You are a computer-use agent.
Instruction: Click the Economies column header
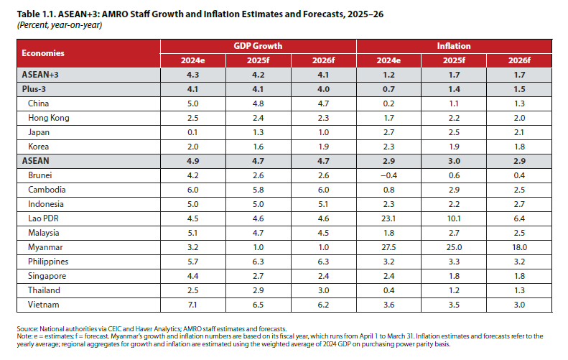coord(43,53)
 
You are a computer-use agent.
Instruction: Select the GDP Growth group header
coord(258,46)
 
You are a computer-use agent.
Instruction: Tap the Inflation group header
coord(454,46)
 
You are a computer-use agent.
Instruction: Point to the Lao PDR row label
coord(45,218)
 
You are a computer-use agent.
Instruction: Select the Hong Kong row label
coord(49,118)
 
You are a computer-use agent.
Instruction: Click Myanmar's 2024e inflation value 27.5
coord(388,247)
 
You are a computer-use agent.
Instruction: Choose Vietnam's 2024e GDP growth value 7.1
coord(192,305)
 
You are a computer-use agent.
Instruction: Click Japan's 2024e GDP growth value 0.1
coord(192,132)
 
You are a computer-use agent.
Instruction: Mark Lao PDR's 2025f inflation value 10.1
coord(454,218)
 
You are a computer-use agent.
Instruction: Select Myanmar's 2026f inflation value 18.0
coord(519,247)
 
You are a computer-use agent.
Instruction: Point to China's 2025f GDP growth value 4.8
coord(258,103)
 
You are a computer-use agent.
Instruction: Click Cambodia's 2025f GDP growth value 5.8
coord(258,190)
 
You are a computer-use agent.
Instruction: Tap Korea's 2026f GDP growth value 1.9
coord(323,147)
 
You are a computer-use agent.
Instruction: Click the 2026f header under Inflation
coord(519,60)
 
